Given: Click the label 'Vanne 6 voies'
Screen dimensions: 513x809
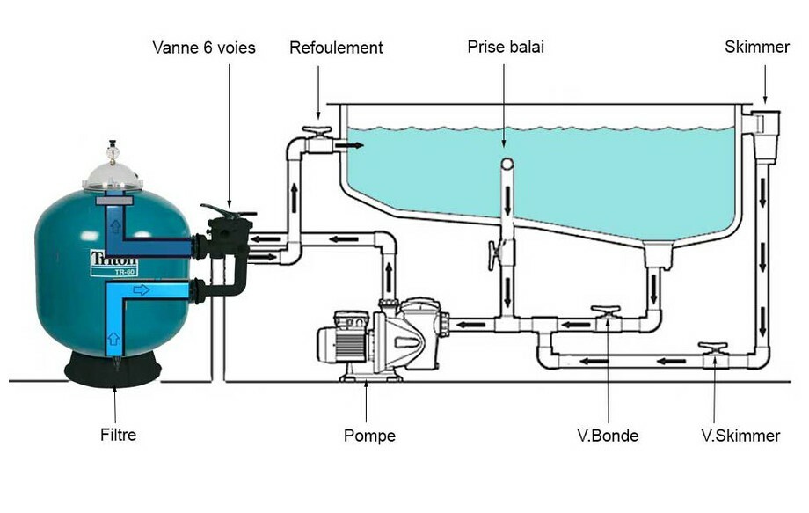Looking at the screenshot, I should click(x=203, y=48).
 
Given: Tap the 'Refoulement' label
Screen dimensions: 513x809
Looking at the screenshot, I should click(x=336, y=48).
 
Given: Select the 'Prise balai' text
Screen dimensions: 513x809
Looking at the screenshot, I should click(x=506, y=47).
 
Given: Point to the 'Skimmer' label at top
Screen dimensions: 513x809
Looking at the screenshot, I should click(x=757, y=47).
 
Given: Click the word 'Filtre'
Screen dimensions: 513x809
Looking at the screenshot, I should click(x=118, y=434).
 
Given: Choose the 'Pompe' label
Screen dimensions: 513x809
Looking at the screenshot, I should click(x=369, y=436).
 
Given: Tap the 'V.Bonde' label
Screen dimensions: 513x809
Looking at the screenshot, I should click(x=608, y=436).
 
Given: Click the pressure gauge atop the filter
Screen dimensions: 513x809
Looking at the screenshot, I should click(x=112, y=151).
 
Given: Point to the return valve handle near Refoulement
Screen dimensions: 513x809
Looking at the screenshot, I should click(x=316, y=132).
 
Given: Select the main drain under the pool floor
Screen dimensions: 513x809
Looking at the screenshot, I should click(x=657, y=256).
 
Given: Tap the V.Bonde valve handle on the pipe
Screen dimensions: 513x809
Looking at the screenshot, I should click(x=606, y=311).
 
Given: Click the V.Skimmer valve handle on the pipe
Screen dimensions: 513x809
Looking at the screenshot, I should click(x=712, y=348).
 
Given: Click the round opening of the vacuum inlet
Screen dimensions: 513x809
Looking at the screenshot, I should click(x=507, y=165).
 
